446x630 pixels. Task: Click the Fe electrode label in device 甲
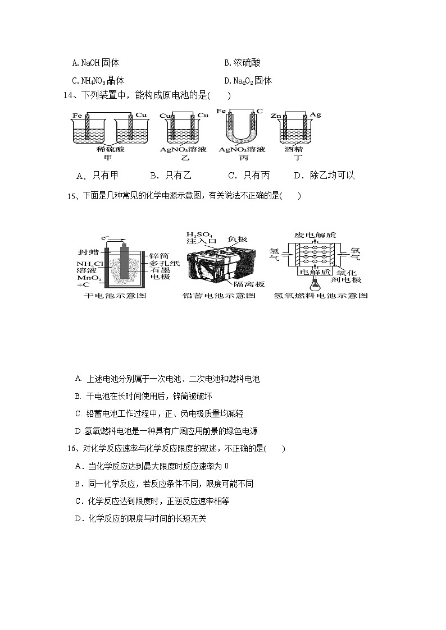(76, 116)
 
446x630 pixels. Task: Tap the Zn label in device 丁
(275, 115)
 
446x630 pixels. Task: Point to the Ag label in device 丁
(315, 115)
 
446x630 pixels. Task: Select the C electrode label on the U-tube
(260, 111)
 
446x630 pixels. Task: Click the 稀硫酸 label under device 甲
(108, 150)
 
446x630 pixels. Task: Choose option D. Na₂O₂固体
(248, 81)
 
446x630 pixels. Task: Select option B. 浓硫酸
(242, 63)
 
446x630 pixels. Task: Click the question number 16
(71, 448)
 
